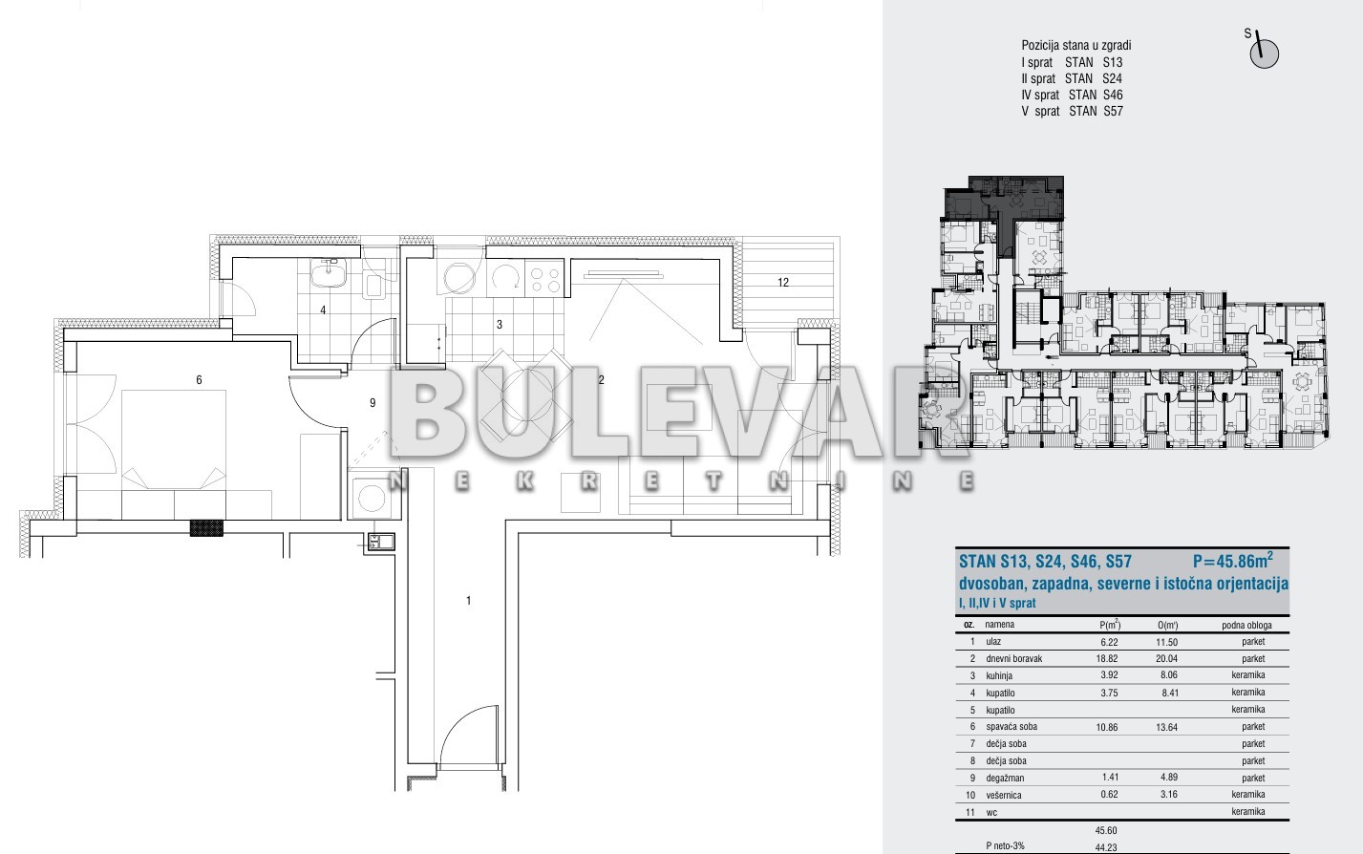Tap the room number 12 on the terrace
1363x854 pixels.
click(x=783, y=283)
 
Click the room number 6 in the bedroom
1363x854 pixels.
click(x=199, y=380)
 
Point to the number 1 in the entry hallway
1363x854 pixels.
click(x=469, y=601)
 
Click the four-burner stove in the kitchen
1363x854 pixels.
click(x=545, y=280)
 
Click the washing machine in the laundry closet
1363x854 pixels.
click(x=371, y=498)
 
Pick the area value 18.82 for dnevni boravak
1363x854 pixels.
click(x=1107, y=658)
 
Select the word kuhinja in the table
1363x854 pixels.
click(x=1000, y=675)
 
